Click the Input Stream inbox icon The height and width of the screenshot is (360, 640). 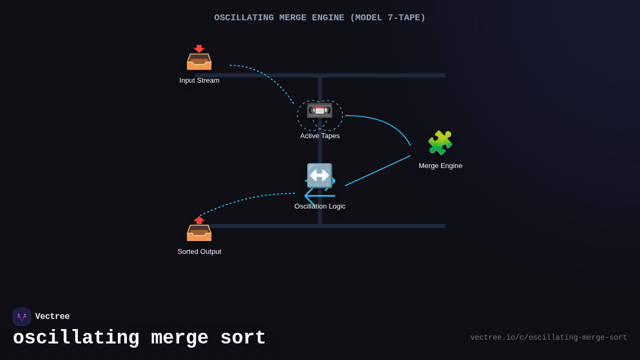click(x=199, y=58)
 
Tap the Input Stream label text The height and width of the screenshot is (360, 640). click(x=199, y=81)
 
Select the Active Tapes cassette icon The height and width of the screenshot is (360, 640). click(x=319, y=110)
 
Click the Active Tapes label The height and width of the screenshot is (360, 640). click(x=320, y=136)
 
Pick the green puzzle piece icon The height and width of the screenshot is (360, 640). click(x=440, y=142)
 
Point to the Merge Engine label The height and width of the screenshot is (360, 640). click(x=441, y=166)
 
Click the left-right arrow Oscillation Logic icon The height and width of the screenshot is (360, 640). click(x=319, y=175)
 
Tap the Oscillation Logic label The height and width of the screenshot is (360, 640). click(x=320, y=206)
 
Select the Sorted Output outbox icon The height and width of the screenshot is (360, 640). click(x=199, y=229)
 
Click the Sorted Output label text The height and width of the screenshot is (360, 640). click(x=199, y=252)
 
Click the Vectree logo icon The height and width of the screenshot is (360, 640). click(x=22, y=317)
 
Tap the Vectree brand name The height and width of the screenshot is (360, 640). click(x=52, y=317)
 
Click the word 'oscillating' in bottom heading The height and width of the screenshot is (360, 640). click(x=76, y=338)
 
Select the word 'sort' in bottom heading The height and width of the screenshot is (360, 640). click(x=243, y=338)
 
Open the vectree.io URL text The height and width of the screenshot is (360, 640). click(x=548, y=338)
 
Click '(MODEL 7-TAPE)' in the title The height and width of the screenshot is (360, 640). click(x=387, y=18)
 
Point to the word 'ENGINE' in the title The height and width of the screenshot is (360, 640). click(x=325, y=18)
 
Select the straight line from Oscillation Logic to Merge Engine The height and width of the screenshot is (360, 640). click(x=378, y=171)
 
